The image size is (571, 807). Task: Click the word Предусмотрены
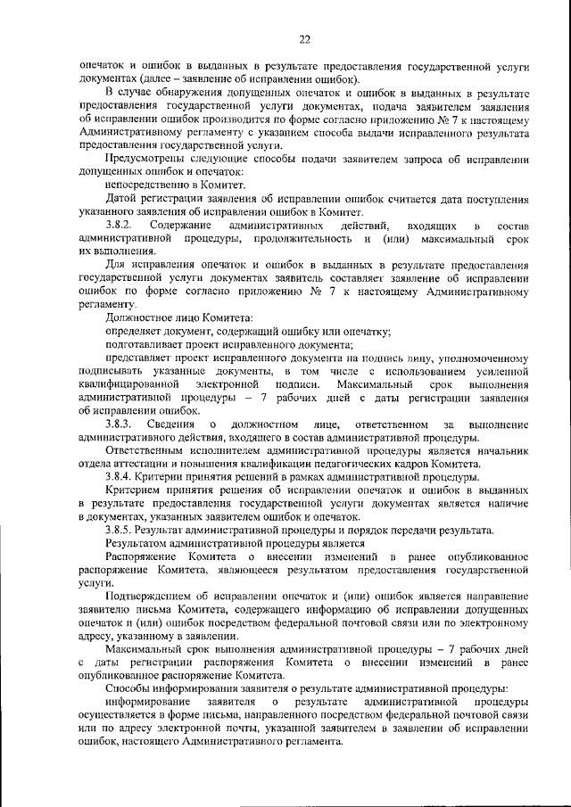tap(147, 160)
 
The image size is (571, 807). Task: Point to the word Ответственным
tap(151, 450)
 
